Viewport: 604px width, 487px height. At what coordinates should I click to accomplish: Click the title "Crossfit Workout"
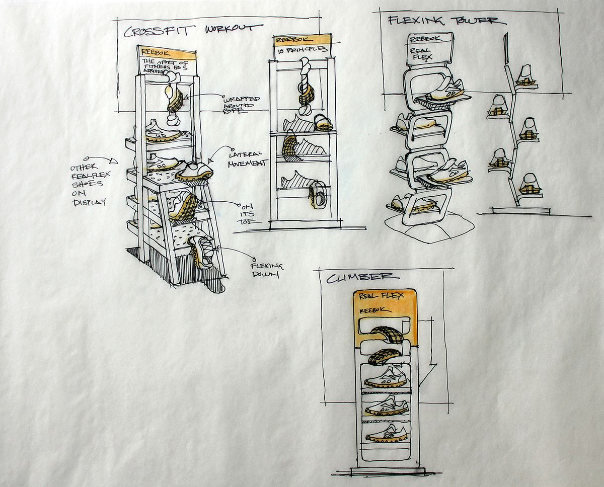coord(193,30)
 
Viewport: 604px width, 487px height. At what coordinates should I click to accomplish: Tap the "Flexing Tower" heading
coord(443,21)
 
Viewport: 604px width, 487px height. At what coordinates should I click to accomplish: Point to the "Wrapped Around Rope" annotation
coord(240,104)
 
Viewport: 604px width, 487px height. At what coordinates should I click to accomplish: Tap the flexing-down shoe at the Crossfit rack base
coord(203,252)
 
